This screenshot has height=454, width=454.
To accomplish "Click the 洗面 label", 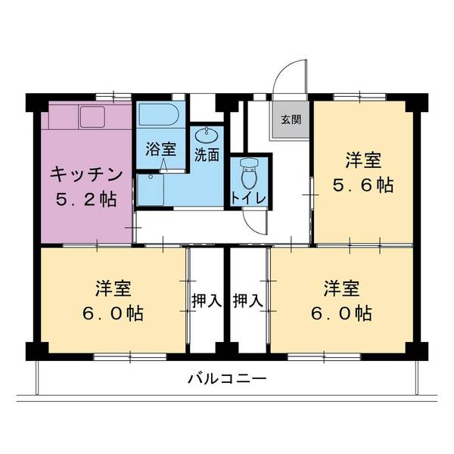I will [207, 156].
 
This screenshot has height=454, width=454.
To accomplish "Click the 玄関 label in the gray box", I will [291, 119].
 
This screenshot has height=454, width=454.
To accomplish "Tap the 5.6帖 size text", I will [363, 185].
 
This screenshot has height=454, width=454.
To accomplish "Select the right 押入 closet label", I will [248, 300].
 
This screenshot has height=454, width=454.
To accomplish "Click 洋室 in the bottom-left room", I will [113, 288].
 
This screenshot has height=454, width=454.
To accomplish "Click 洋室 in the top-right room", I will [363, 161].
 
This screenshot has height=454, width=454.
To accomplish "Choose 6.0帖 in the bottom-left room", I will [113, 312].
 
